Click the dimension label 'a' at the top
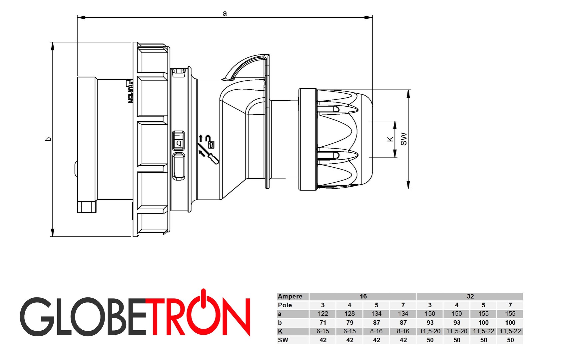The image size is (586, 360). coord(225,13)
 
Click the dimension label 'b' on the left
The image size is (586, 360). coord(49,139)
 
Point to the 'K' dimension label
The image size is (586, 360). coord(390,139)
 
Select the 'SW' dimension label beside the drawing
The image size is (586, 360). coord(404,139)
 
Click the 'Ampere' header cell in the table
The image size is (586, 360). coord(290,296)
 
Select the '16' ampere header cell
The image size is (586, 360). coord(363,296)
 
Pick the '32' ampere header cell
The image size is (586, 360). coord(470,296)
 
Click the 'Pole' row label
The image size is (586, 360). coord(285,305)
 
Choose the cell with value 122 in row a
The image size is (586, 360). coord(322,314)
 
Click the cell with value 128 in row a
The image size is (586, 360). coord(349,314)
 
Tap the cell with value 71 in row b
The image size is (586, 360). coord(322,323)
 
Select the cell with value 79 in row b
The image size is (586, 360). coord(349,323)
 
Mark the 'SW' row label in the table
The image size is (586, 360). coord(283,340)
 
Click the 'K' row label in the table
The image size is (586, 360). coord(280,331)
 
